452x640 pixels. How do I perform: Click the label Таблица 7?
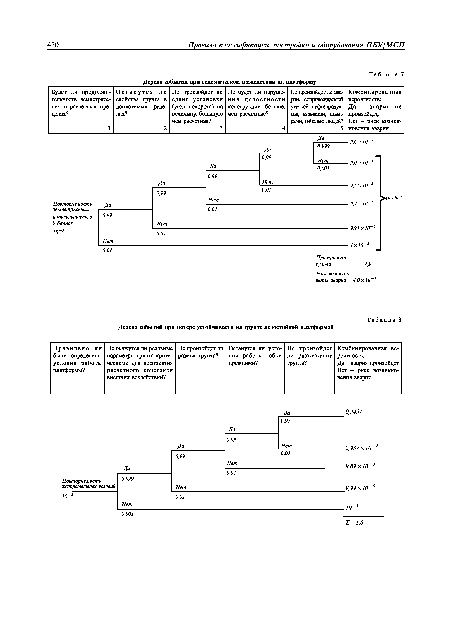tap(386, 74)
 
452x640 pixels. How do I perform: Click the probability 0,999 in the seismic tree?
tap(324, 146)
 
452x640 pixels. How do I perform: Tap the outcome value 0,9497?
tap(354, 412)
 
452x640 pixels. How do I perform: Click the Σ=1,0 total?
tap(354, 523)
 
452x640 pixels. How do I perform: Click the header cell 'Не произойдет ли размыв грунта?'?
tap(200, 352)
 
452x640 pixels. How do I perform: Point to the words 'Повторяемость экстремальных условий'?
tap(88, 484)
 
